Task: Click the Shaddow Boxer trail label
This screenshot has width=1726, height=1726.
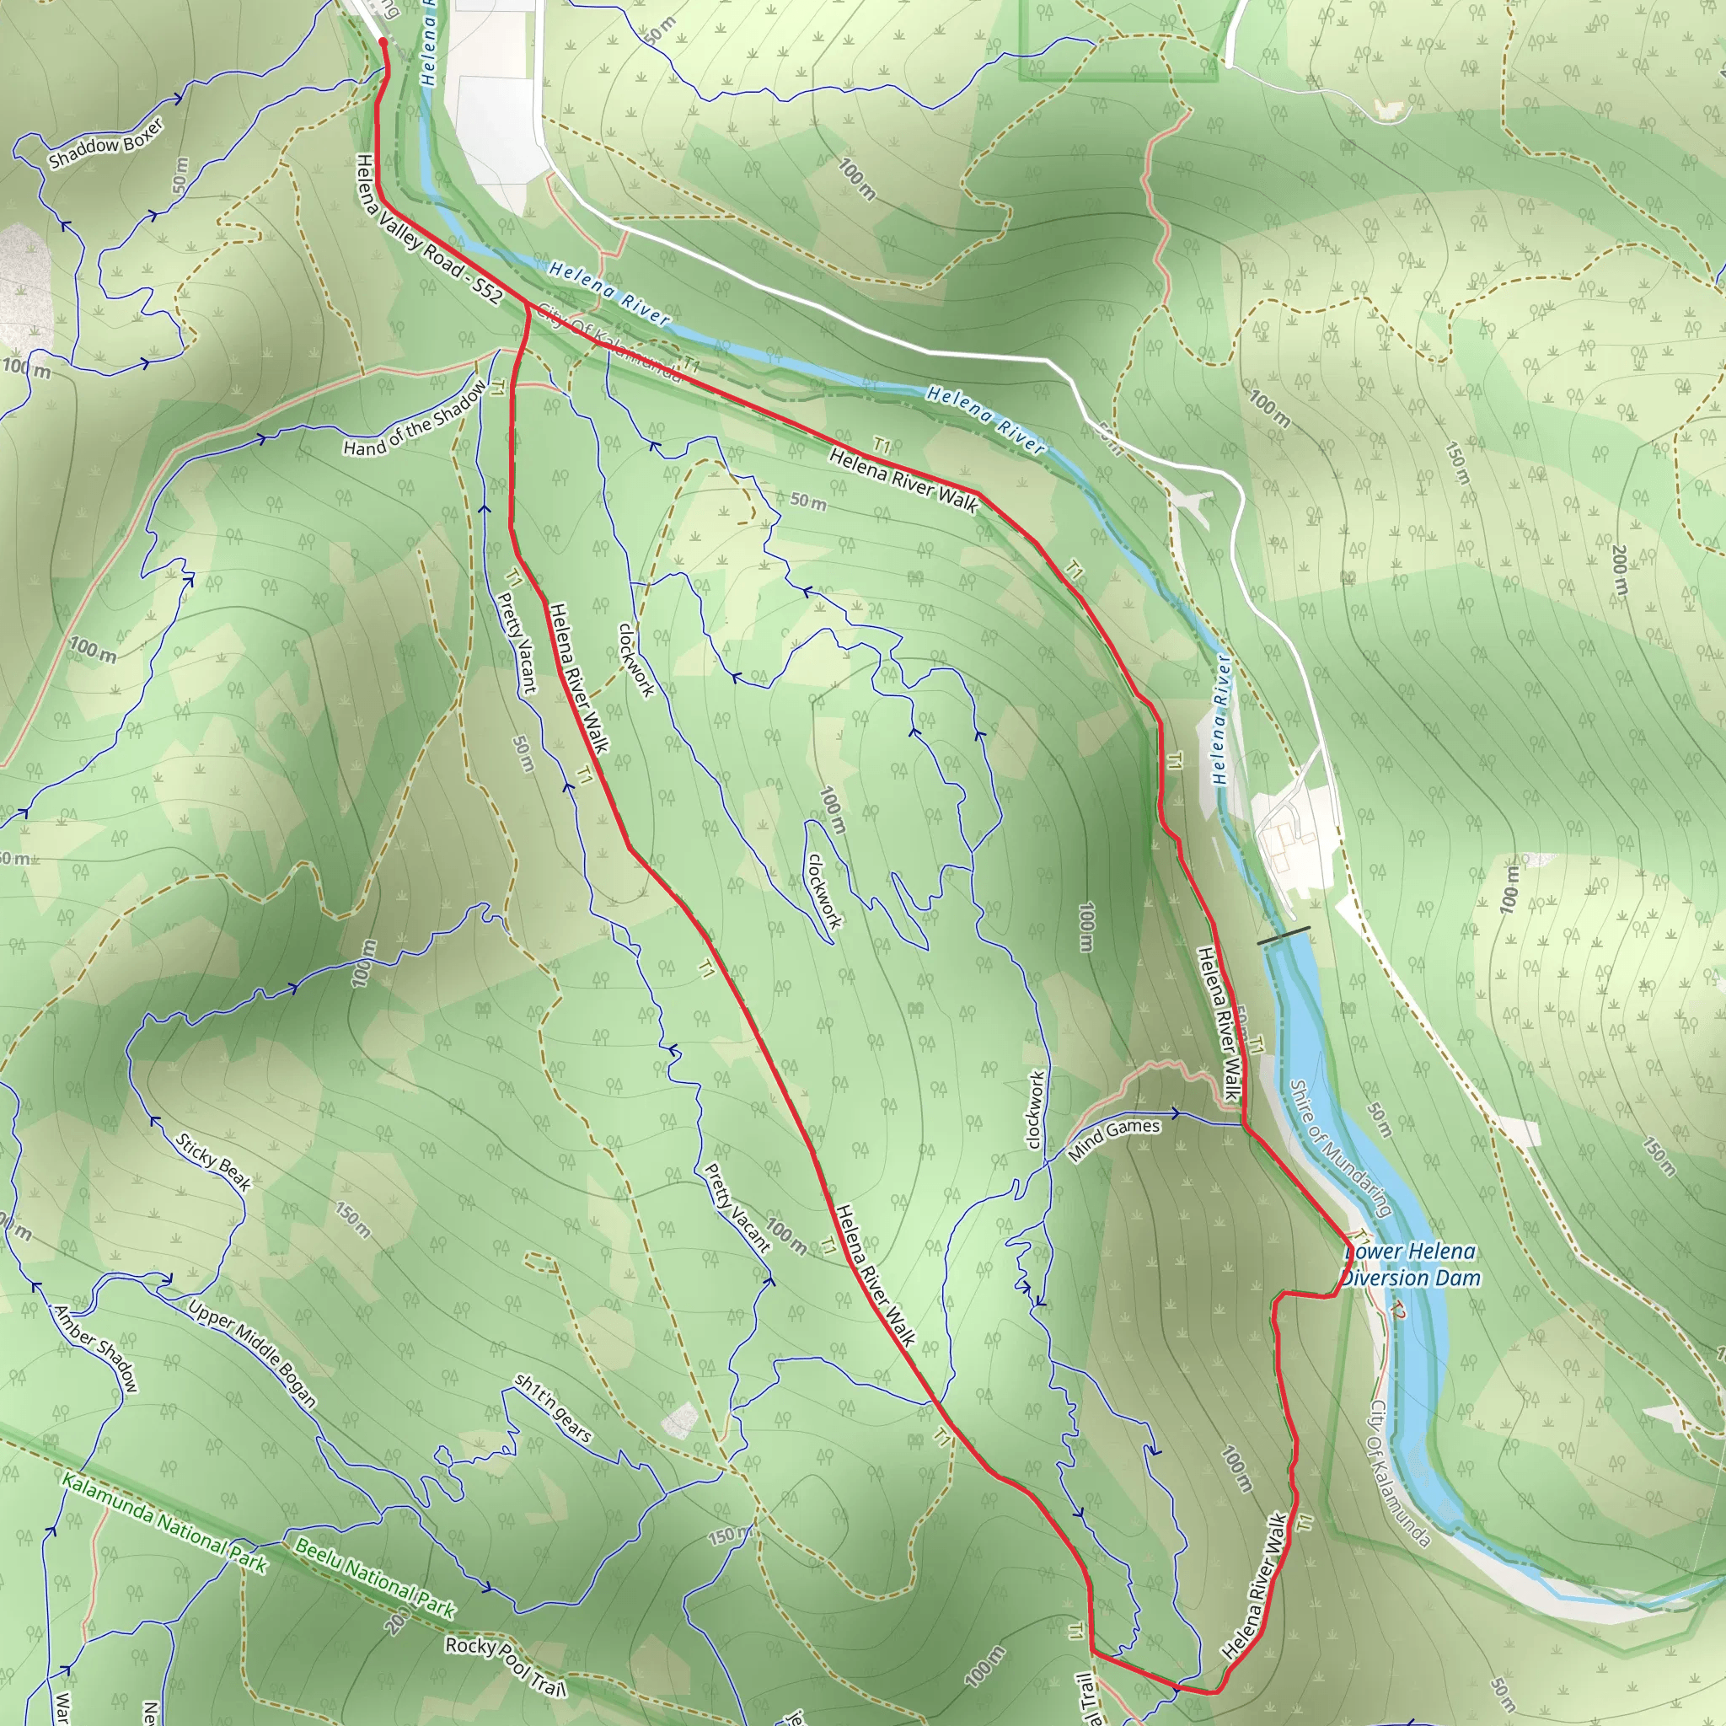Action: point(106,143)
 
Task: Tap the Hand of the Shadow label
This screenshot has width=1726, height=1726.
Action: point(416,418)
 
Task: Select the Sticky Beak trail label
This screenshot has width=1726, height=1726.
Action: point(213,1162)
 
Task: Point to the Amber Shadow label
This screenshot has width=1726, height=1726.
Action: point(96,1348)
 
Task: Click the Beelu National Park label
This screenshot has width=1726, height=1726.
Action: point(375,1579)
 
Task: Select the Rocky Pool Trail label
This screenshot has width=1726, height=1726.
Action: point(506,1666)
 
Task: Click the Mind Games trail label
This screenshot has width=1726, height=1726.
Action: point(1114,1140)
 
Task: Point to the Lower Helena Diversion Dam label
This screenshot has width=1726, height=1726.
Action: point(1411,1265)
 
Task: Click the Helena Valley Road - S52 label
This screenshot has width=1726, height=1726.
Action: point(428,229)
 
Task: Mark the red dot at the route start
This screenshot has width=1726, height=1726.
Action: point(383,41)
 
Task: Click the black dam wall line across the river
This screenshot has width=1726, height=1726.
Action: point(1284,935)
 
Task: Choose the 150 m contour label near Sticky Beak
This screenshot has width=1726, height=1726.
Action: point(353,1219)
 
